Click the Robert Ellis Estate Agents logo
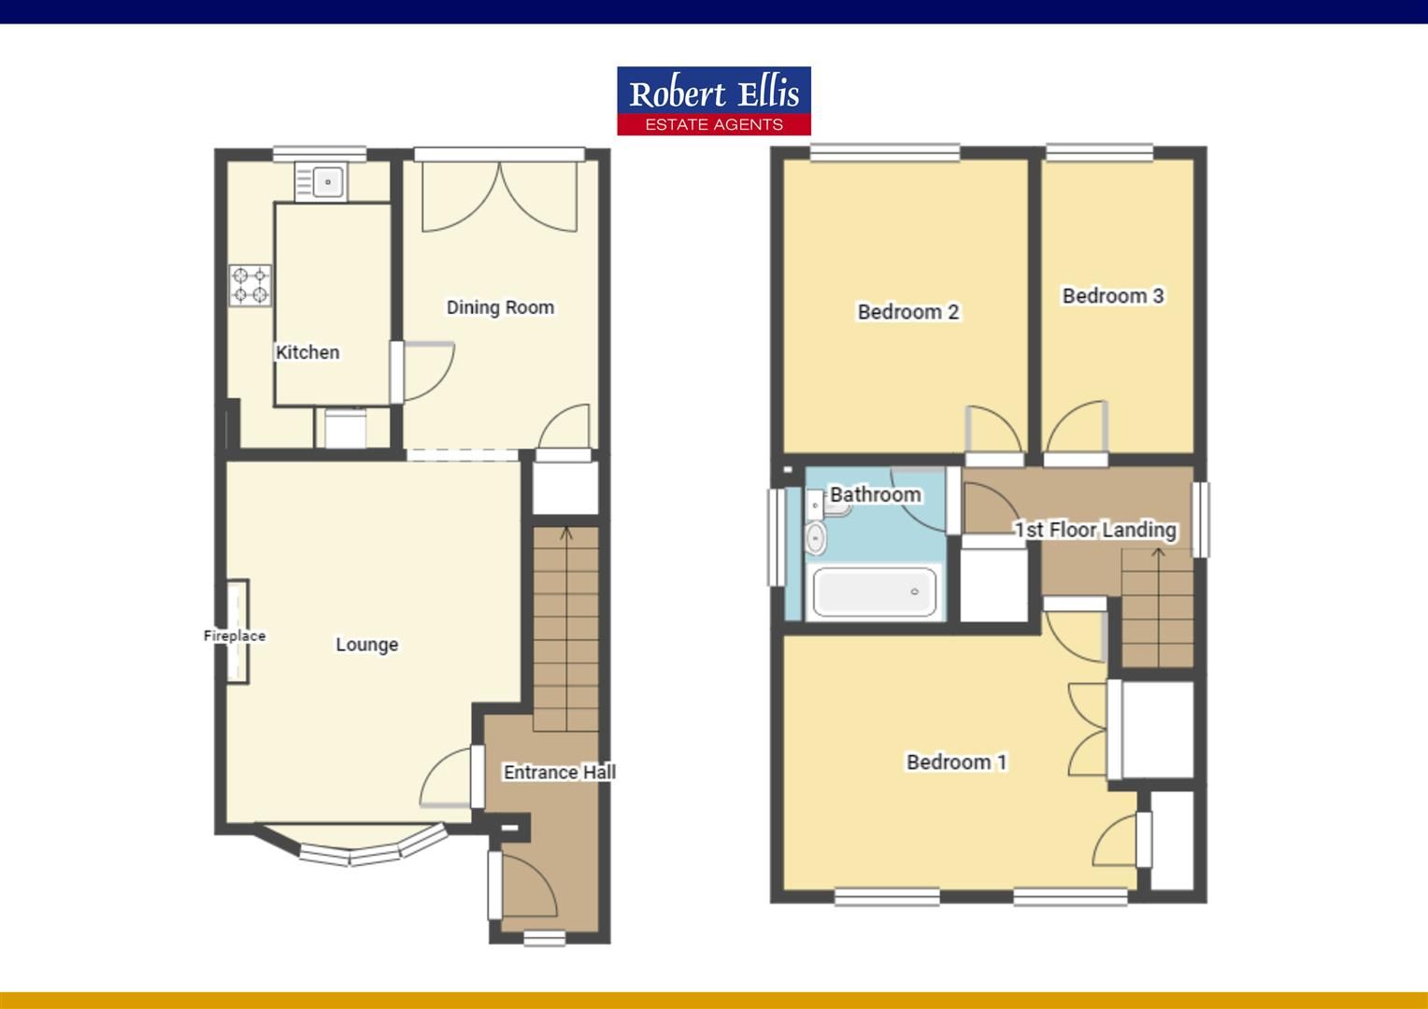pos(713,101)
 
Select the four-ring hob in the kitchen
pos(250,286)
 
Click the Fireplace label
pos(235,635)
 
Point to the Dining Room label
pos(500,307)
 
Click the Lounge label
pos(366,645)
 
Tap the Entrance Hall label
pos(559,773)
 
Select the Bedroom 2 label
pos(907,312)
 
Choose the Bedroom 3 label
pos(1112,296)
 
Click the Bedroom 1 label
pos(956,762)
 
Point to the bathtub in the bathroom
pos(874,592)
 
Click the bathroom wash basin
pos(816,538)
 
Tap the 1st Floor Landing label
pos(1095,530)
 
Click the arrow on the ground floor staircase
pos(566,534)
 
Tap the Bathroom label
pos(875,494)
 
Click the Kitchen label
pos(307,352)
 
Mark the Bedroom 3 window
pos(1098,152)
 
